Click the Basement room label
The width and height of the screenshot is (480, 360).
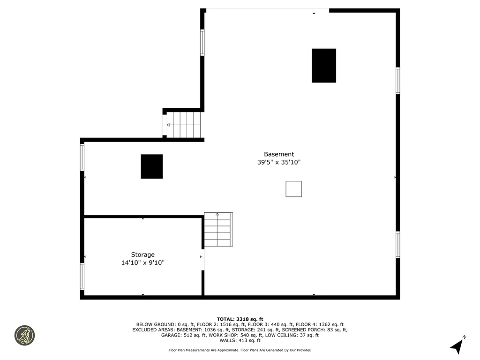pos(279,154)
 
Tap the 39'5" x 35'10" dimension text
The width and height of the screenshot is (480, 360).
pos(279,162)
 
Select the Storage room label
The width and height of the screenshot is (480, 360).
pos(142,255)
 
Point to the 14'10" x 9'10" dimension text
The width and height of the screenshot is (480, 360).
pos(142,263)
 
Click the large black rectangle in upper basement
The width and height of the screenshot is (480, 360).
pos(324,66)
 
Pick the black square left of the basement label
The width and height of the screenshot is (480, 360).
pos(152,166)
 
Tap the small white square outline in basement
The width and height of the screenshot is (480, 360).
pos(294,189)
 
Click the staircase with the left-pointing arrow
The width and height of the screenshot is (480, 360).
pos(183,125)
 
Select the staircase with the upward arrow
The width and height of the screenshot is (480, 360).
pos(218,229)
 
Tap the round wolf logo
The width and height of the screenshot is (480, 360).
pos(24,335)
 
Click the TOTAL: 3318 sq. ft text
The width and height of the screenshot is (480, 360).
pos(240,319)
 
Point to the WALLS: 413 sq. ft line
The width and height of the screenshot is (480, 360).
pos(240,340)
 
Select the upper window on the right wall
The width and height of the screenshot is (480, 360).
pos(397,81)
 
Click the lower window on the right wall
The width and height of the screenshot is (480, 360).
pos(397,245)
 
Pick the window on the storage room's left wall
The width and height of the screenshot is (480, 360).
pos(82,277)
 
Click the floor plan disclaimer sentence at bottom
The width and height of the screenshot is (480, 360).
pos(240,350)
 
